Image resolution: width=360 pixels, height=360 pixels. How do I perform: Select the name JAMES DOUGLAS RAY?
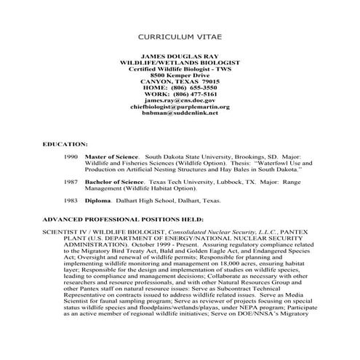click(180, 55)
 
